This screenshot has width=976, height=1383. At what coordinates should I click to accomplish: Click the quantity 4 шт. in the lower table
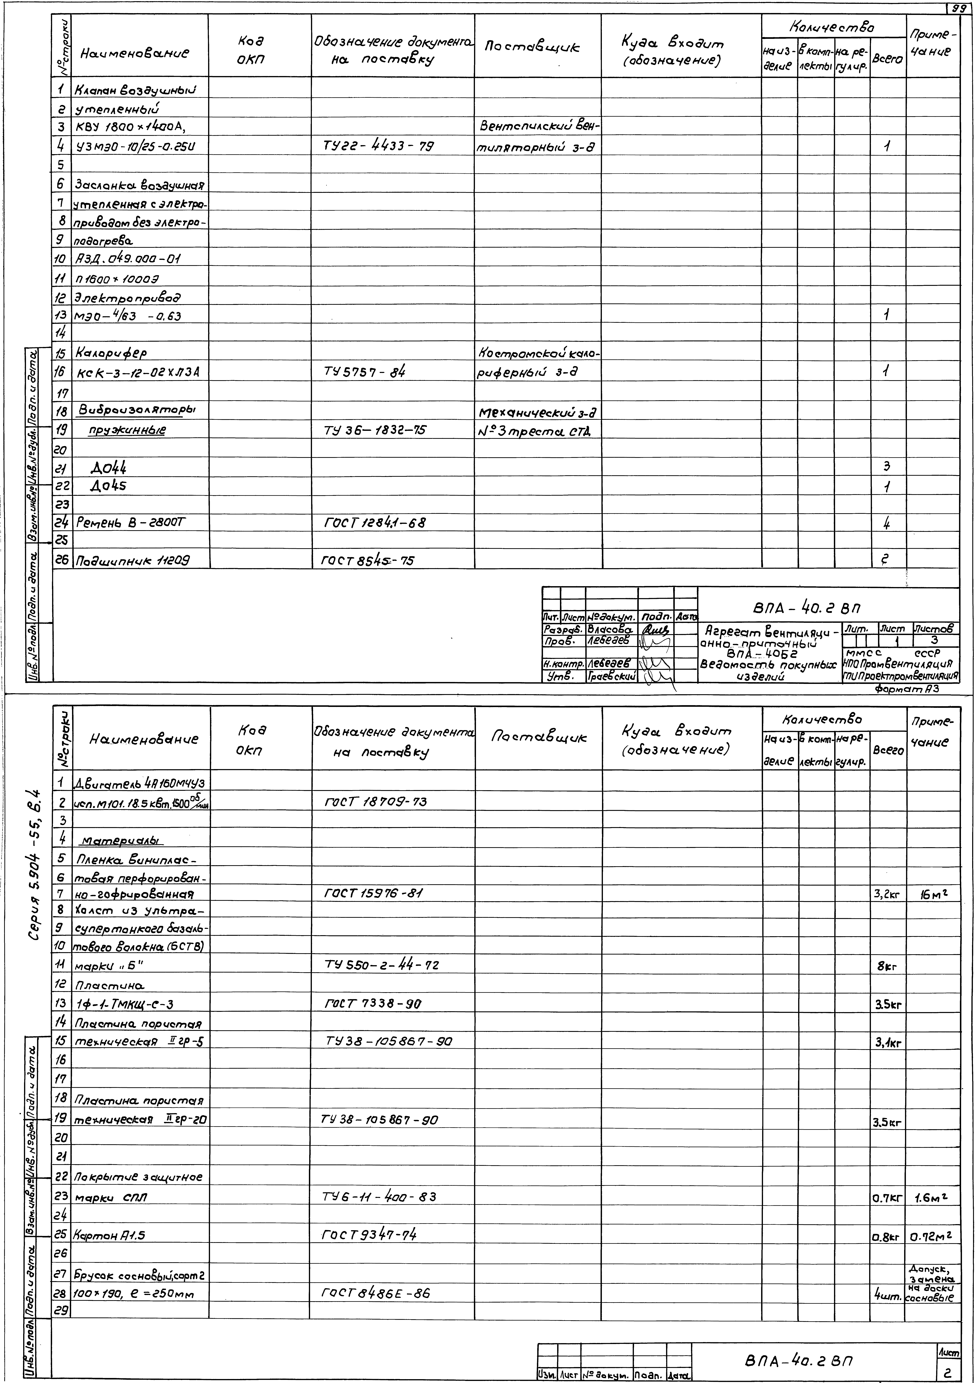click(887, 1294)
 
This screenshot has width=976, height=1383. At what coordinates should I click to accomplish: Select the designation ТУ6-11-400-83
click(379, 1197)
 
